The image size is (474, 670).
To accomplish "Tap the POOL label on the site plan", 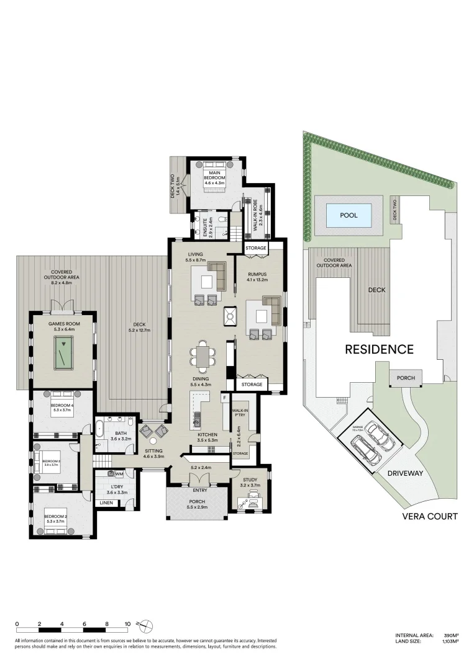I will pos(349,215).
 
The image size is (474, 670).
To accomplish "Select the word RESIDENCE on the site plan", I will pos(379,349).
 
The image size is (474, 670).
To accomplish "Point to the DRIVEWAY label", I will pos(404,473).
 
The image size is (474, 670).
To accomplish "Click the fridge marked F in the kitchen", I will pos(223,399).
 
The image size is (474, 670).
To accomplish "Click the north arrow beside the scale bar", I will pos(144,624).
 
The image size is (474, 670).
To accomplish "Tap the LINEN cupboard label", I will pos(106,502).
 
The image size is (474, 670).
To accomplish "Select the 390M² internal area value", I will pos(450,635).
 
